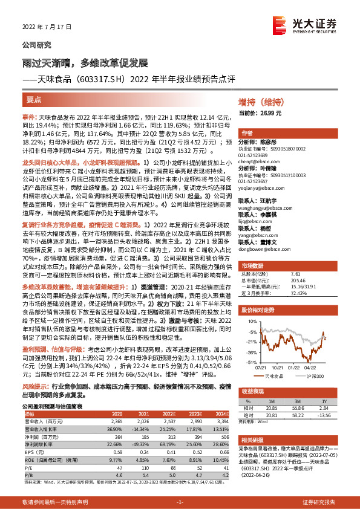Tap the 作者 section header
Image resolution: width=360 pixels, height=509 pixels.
247,132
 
